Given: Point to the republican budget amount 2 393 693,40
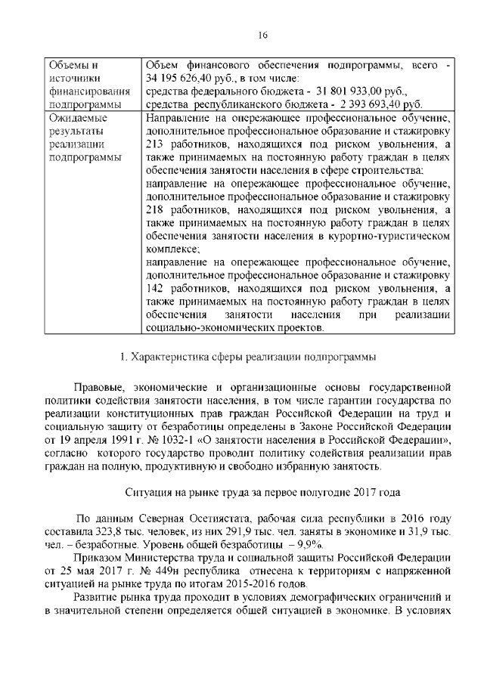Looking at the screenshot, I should [x=370, y=104].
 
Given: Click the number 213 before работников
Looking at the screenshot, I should [x=154, y=145].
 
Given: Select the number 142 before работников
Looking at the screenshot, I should [x=154, y=289].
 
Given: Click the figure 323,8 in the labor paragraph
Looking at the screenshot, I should [x=107, y=533].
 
